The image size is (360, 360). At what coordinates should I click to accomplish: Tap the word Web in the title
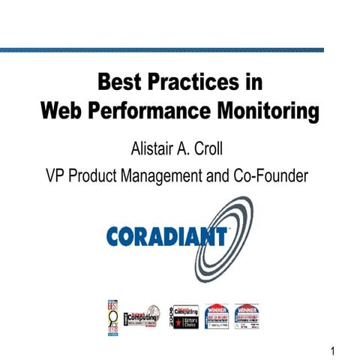62,112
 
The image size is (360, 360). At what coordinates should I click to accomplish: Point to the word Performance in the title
153,112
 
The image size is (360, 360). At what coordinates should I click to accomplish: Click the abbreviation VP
55,176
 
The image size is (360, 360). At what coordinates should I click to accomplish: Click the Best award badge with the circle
113,316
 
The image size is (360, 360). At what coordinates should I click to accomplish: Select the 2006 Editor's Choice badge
184,315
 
